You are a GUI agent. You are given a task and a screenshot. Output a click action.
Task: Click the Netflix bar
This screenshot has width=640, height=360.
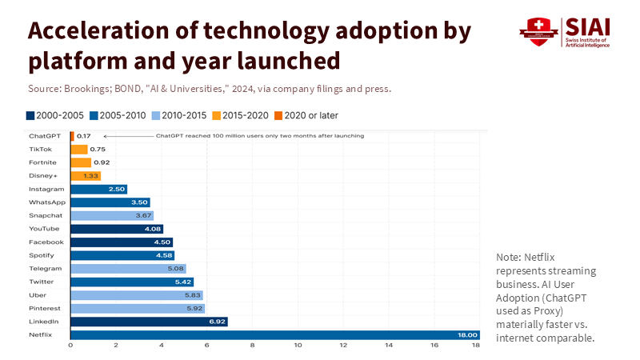[272, 334]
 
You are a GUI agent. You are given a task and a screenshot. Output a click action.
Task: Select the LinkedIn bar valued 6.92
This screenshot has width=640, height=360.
[149, 322]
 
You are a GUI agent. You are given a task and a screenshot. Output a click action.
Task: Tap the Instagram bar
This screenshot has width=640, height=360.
[98, 189]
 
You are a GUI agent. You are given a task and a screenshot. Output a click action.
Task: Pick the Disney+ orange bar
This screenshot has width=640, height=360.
[85, 175]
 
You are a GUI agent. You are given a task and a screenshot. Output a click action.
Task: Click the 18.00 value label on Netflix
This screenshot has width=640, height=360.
[467, 334]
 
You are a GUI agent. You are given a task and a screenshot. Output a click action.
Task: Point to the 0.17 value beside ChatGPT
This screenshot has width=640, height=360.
[83, 136]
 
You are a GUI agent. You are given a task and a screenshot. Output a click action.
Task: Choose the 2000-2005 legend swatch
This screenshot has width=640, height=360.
[30, 115]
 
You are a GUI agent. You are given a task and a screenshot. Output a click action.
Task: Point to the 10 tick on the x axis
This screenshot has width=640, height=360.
[298, 346]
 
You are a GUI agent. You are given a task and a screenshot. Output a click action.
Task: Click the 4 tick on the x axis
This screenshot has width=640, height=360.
[162, 346]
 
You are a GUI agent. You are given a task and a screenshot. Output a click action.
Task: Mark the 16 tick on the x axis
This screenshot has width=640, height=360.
[434, 346]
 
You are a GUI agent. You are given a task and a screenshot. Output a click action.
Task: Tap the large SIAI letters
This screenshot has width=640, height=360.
[587, 26]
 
